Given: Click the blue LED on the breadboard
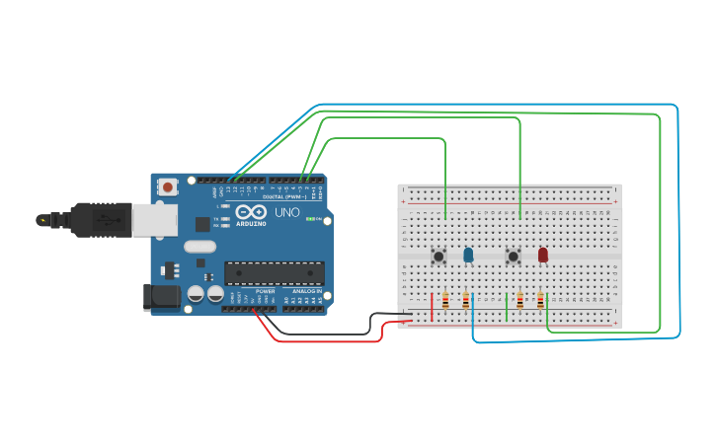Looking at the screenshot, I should (468, 255).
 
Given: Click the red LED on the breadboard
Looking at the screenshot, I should (542, 255).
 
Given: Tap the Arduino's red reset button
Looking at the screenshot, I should (168, 186).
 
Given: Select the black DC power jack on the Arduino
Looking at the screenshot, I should (161, 297).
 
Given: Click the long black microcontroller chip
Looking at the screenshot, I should (274, 272).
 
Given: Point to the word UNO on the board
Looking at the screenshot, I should (286, 212).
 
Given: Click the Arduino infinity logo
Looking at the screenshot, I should (251, 211).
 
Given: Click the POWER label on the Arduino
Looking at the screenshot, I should (265, 292).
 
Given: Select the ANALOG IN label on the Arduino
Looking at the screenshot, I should (305, 292).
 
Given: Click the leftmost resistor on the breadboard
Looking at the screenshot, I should (445, 301).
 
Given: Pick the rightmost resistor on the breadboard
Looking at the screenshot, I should (540, 300).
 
